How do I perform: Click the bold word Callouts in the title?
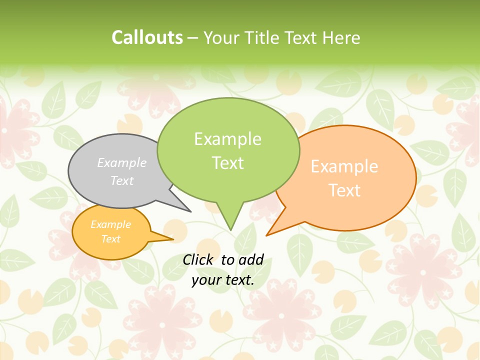[147, 37]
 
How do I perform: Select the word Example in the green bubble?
[227, 139]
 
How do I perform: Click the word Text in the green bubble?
[227, 163]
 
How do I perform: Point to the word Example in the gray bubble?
[122, 162]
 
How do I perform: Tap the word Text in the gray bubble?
[122, 180]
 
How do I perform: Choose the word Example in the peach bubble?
[344, 166]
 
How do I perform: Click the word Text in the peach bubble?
[344, 190]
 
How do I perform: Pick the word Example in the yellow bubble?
[110, 224]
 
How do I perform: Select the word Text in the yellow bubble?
[110, 239]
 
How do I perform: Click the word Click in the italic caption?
[198, 259]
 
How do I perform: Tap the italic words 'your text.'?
[223, 280]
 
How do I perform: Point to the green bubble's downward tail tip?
[230, 229]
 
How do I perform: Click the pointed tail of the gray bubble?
[190, 211]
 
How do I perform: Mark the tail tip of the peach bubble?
[267, 234]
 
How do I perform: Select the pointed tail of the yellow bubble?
[172, 239]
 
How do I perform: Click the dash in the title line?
[193, 38]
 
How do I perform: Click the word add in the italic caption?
[251, 259]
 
